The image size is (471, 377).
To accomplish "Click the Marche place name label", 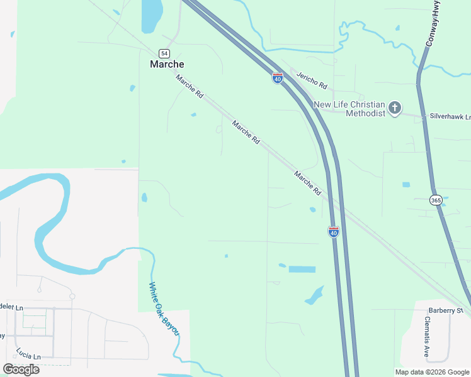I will (167, 64).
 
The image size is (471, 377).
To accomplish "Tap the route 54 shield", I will (164, 53).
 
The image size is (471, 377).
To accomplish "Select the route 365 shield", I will (436, 200).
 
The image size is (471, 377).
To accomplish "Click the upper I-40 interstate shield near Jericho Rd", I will (278, 78).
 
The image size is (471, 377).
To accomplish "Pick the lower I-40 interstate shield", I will (334, 231).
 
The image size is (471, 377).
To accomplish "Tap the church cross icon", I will (395, 108).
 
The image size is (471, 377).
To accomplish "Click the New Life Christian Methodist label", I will (349, 109).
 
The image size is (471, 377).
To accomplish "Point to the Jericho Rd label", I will (313, 80).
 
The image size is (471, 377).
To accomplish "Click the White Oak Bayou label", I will (164, 309).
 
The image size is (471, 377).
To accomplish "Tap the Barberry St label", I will (445, 310).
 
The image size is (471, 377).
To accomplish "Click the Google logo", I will (21, 369).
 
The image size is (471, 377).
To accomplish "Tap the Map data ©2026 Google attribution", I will (432, 372).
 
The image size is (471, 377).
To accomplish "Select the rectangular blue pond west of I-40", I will (302, 269).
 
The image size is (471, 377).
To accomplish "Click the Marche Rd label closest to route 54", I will (190, 86).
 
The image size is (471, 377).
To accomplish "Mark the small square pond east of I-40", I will (406, 185).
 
